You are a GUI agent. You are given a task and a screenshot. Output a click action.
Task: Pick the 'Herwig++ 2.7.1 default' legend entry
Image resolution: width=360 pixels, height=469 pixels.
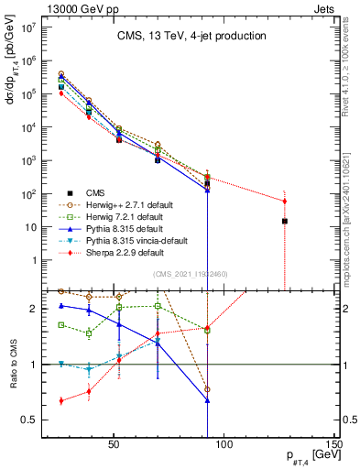[x=129, y=204]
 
